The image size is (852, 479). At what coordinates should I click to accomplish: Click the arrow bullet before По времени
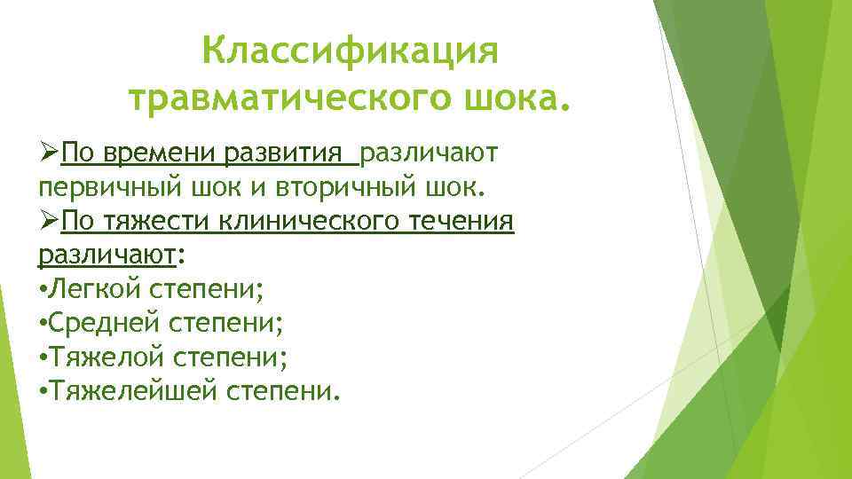49,153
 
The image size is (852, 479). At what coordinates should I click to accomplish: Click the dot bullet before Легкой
43,289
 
